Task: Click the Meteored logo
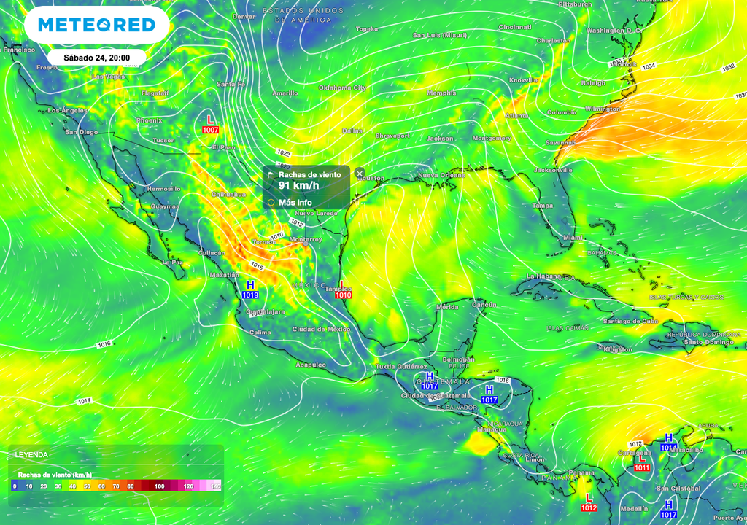(x=96, y=26)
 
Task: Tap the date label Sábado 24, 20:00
(x=96, y=57)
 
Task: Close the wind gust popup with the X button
(x=360, y=174)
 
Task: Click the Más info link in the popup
(x=295, y=202)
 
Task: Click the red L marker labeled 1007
(x=211, y=124)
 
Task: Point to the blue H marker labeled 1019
(x=250, y=289)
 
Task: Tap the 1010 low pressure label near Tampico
(x=343, y=295)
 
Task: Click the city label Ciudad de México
(x=321, y=329)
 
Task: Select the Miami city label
(x=573, y=238)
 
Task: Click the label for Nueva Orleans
(x=441, y=175)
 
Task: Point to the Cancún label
(x=484, y=304)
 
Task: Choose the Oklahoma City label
(x=342, y=87)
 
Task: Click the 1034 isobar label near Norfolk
(x=649, y=66)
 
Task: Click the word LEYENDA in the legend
(x=31, y=454)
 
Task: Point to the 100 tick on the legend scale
(x=159, y=486)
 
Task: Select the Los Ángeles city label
(x=68, y=111)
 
